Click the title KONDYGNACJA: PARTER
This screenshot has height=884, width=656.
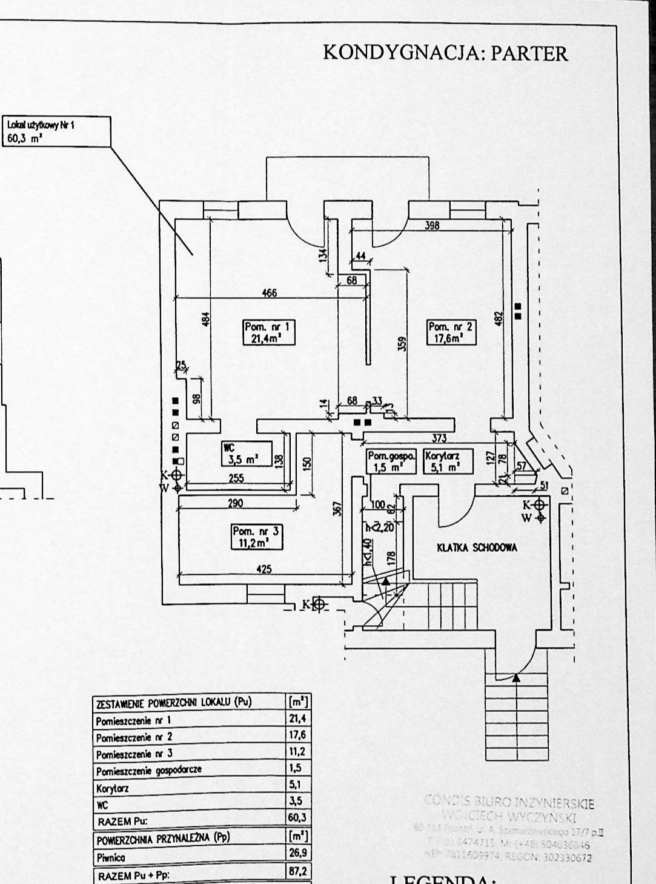point(445,53)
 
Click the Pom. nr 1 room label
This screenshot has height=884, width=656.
point(268,333)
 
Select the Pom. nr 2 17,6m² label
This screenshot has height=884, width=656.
point(451,333)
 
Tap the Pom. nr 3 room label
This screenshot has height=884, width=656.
point(256,537)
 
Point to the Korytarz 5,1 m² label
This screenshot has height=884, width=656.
point(448,461)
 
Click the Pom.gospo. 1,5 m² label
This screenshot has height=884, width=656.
point(392,461)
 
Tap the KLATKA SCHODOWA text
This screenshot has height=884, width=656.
point(477,547)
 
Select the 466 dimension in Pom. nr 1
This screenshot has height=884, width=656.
point(269,293)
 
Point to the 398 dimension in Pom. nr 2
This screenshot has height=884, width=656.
point(432,226)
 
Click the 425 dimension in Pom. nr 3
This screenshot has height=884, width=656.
point(264,569)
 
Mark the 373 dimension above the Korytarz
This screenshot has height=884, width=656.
point(439,438)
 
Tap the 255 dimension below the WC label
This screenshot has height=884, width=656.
point(236,478)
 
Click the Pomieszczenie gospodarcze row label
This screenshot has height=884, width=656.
point(148,771)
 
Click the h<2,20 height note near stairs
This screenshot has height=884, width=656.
point(379,527)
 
